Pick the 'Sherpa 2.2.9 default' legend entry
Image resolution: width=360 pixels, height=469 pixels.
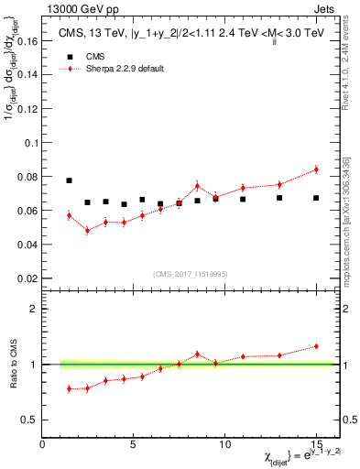(x=128, y=69)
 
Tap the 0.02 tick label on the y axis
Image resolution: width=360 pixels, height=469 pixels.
(x=27, y=278)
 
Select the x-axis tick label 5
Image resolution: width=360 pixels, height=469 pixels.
(x=134, y=443)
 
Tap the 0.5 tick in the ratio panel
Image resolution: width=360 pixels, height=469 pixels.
(x=29, y=420)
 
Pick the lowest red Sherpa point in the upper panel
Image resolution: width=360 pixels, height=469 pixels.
(x=88, y=230)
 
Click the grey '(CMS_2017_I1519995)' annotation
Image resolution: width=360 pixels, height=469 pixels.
(x=190, y=273)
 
